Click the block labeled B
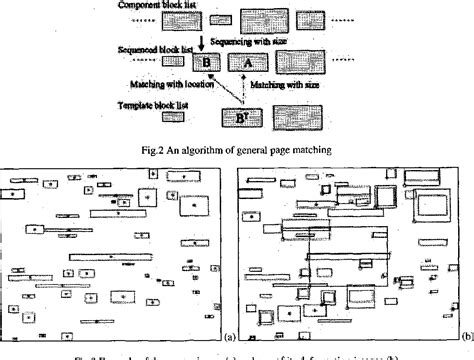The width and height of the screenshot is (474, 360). [x=206, y=63]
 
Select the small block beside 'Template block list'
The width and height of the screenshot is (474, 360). [x=174, y=116]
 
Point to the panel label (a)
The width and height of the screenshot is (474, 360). [x=230, y=337]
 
